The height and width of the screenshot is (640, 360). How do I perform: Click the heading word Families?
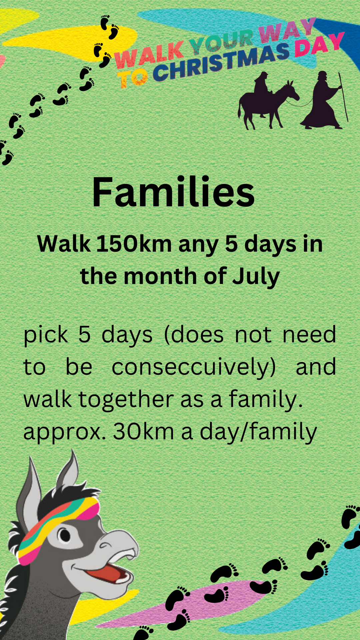point(173,192)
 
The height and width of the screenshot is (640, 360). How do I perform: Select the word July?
point(256,277)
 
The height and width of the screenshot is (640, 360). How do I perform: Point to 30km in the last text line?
point(143,432)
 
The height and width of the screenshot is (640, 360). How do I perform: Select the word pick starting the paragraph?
point(46,335)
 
